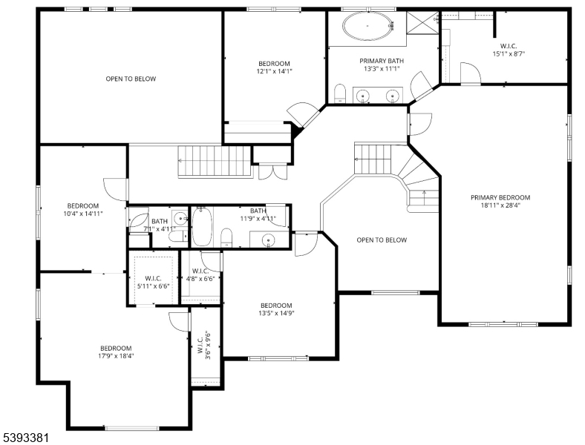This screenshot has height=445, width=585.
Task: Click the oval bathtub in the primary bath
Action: coord(369,27)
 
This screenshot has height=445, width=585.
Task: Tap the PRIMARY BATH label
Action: coord(382,61)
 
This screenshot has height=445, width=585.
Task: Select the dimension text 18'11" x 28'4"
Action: coord(500,207)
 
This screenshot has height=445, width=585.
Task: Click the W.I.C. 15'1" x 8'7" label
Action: coord(509,49)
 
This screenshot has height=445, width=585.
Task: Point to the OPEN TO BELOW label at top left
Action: coord(131,79)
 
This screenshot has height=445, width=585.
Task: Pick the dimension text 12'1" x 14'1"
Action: coord(274,72)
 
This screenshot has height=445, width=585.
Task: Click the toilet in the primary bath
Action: coord(340,93)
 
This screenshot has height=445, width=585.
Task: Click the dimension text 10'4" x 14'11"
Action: coord(83,214)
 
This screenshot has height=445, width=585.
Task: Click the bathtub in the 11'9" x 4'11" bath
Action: coord(203,228)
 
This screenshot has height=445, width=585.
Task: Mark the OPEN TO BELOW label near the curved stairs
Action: coord(382,240)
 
